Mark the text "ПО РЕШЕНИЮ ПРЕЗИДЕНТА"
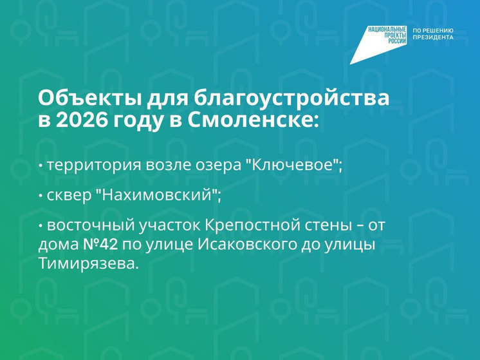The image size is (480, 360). pos(433,34)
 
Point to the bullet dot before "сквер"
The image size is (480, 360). pos(41,196)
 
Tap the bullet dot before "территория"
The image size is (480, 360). pos(41,166)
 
